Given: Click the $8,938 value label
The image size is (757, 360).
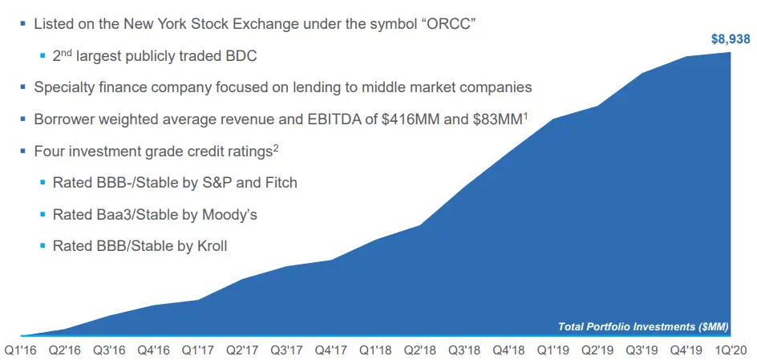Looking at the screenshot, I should pyautogui.click(x=730, y=38).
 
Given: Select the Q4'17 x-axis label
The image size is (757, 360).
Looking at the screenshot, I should pyautogui.click(x=330, y=350).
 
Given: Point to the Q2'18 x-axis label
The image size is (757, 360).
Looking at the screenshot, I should pyautogui.click(x=419, y=350).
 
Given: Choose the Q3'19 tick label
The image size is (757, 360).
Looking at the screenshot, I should pyautogui.click(x=641, y=350).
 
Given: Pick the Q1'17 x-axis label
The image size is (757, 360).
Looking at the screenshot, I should pyautogui.click(x=197, y=350).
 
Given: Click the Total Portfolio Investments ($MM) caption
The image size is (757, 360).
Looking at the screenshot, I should pyautogui.click(x=642, y=326).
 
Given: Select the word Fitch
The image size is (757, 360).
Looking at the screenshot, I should pyautogui.click(x=278, y=182).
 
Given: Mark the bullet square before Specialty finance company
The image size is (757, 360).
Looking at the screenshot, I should pyautogui.click(x=22, y=87).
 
